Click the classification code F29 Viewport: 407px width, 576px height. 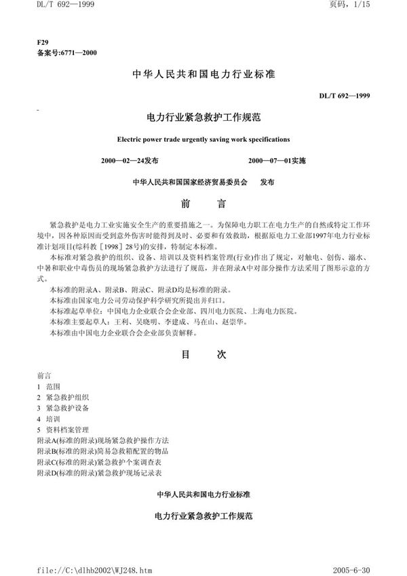pyautogui.click(x=44, y=42)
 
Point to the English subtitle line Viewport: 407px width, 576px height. pyautogui.click(x=203, y=139)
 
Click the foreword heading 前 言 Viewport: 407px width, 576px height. pyautogui.click(x=203, y=203)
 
